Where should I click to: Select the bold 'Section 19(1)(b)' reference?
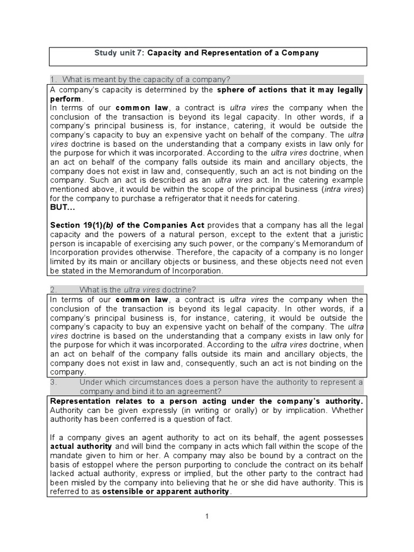click(81, 225)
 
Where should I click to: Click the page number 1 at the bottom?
click(207, 516)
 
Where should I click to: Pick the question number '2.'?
click(53, 289)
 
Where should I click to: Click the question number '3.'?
click(53, 382)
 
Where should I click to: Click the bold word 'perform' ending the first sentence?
click(66, 99)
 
